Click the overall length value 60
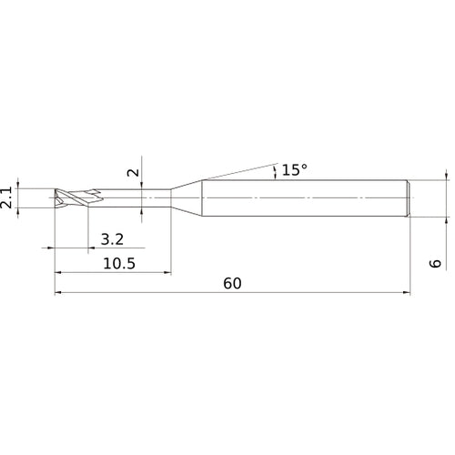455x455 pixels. [232, 283]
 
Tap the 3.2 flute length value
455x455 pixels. [112, 239]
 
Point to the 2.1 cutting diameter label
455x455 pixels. [8, 198]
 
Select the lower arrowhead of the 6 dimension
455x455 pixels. [447, 219]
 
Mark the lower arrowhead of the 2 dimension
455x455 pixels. [143, 208]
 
